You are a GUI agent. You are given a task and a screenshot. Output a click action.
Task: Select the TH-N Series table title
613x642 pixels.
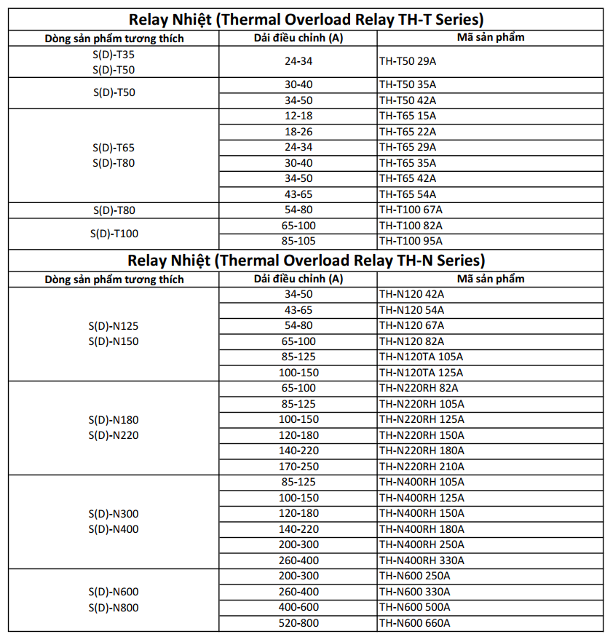pos(306,260)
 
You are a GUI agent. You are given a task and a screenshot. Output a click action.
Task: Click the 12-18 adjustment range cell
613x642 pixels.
pos(298,116)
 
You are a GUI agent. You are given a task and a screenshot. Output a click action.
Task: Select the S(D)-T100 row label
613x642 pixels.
pos(114,233)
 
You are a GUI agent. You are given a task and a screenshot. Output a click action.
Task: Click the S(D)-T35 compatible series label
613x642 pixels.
pos(114,54)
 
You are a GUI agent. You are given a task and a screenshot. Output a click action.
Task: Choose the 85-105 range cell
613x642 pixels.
pos(298,241)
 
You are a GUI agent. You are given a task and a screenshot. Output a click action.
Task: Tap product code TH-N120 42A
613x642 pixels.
pos(411,294)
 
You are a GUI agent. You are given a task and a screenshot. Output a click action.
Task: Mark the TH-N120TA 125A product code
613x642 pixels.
pos(420,373)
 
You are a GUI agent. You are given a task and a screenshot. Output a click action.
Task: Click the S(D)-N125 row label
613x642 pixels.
pos(114,326)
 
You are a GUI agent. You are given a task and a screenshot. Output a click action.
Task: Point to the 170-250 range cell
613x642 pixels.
pos(298,467)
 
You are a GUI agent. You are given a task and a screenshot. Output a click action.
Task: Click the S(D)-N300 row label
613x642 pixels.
pos(114,514)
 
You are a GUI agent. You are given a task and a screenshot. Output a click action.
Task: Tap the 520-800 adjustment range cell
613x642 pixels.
pos(298,623)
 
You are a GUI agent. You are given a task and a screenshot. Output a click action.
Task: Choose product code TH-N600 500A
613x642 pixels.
pos(414,607)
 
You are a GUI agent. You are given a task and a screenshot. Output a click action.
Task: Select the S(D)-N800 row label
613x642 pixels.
pos(114,608)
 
